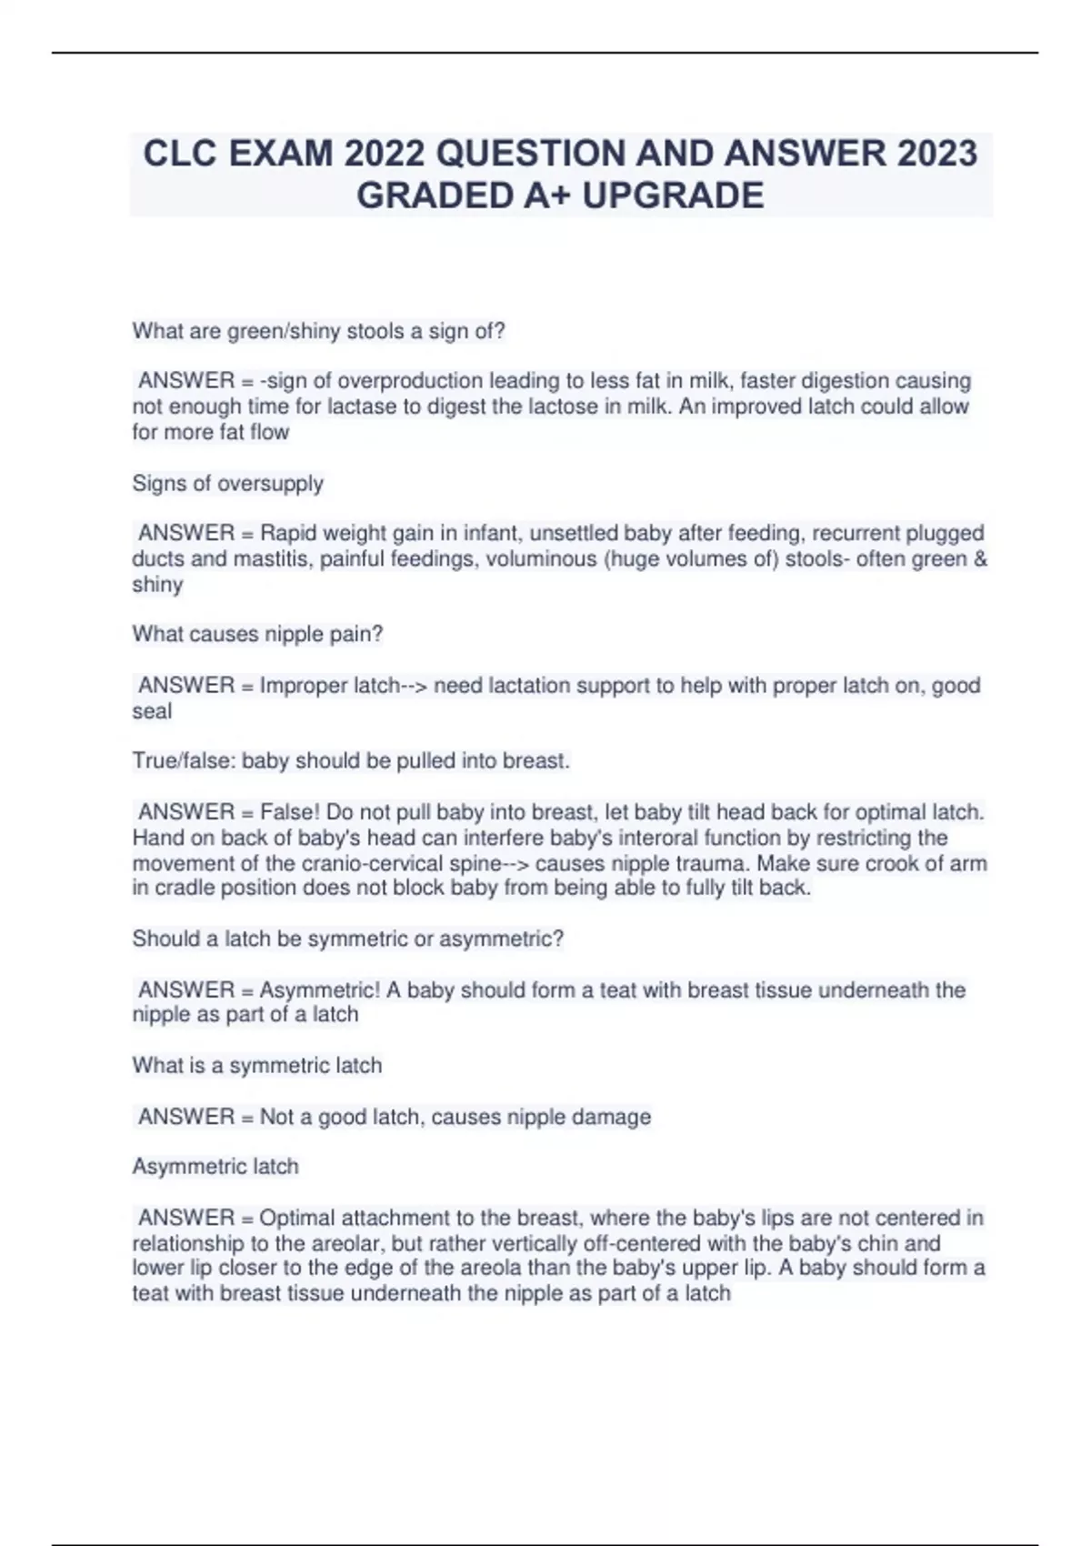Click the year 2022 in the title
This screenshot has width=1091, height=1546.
[384, 154]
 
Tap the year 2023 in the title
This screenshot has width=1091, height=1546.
[937, 154]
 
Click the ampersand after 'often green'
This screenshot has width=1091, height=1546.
[979, 558]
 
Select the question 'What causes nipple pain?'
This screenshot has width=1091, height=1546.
[257, 634]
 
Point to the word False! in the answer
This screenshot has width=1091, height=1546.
[289, 811]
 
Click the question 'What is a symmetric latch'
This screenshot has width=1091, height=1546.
[256, 1065]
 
